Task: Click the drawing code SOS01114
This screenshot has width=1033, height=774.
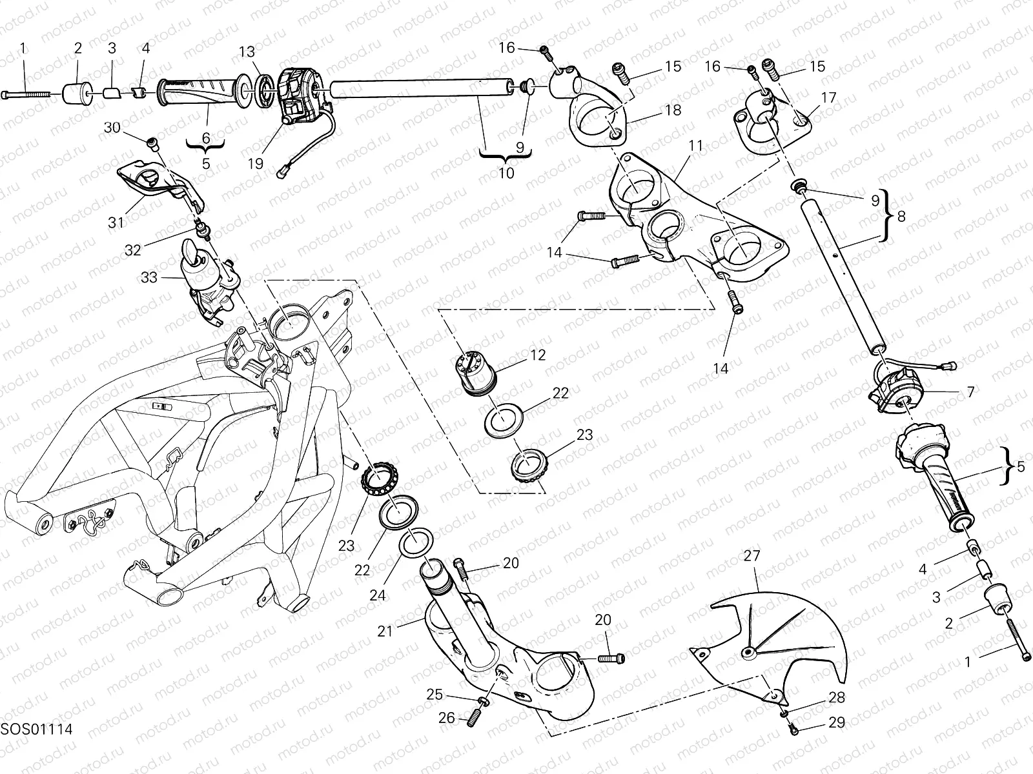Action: (x=36, y=729)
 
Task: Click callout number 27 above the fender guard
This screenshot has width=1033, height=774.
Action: (x=752, y=556)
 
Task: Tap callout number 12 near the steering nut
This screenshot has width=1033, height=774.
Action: (x=538, y=355)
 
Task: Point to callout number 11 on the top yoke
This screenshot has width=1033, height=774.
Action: (x=695, y=146)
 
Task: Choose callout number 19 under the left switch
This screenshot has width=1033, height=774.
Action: (x=256, y=163)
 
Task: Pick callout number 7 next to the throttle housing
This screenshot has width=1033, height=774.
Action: (x=970, y=392)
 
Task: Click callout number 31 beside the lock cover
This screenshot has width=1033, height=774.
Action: (x=116, y=223)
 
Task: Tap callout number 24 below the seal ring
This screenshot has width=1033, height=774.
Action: (x=378, y=595)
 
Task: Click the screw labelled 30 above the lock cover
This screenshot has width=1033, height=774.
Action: (x=153, y=141)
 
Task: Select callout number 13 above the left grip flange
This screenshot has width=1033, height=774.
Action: (x=247, y=52)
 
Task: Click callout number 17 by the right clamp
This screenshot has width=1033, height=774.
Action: (x=828, y=97)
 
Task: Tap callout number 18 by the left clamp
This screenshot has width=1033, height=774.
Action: (x=672, y=110)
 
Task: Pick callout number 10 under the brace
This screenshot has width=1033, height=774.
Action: (x=506, y=173)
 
